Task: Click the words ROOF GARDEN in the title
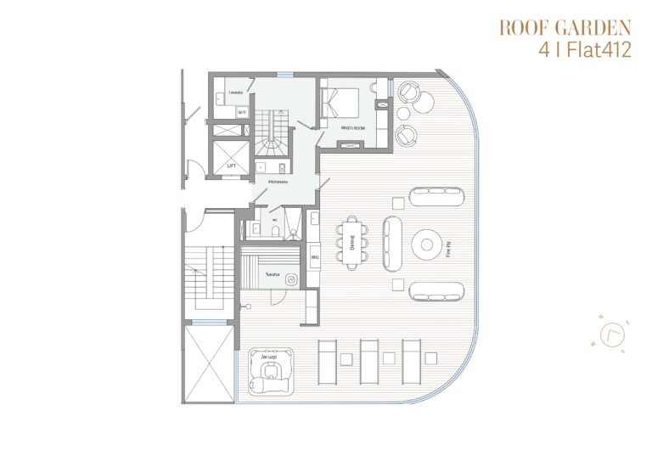(x=565, y=27)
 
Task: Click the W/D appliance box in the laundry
(x=242, y=111)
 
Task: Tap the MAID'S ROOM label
(x=351, y=127)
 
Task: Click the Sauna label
(x=273, y=275)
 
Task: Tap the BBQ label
(x=314, y=256)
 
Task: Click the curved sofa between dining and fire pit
(x=392, y=244)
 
